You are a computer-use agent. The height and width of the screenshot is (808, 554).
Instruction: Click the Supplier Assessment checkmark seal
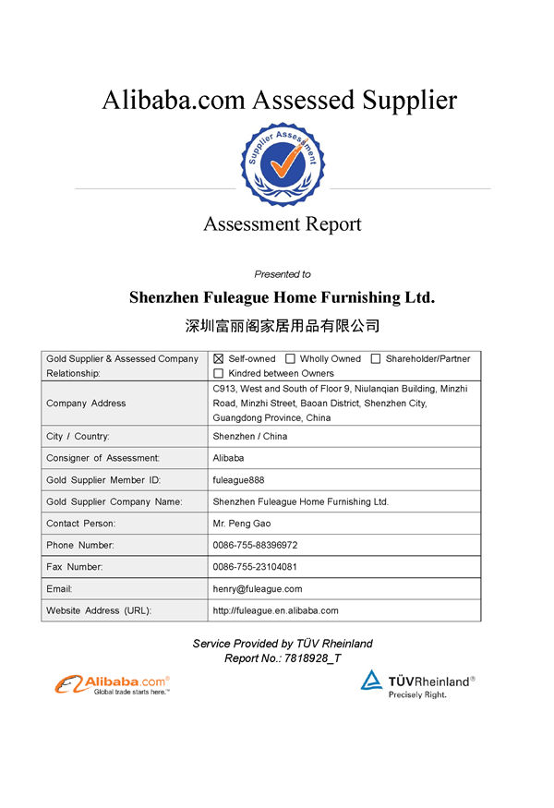pos(283,163)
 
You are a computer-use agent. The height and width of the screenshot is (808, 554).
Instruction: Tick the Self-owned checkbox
pos(219,358)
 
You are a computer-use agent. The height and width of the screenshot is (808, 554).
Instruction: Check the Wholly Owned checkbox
pos(290,358)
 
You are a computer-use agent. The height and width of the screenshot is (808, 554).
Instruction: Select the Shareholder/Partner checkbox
pos(376,358)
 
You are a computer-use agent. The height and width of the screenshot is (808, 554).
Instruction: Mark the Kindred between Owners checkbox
pos(219,373)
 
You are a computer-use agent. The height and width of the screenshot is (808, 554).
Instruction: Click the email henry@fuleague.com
pos(258,588)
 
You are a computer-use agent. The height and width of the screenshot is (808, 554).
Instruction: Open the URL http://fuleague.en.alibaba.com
pos(275,610)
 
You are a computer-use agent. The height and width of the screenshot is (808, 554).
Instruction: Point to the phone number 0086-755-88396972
pos(255,545)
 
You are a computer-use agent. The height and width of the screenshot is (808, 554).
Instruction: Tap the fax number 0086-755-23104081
pos(255,566)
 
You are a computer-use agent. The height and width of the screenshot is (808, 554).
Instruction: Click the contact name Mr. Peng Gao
pos(242,524)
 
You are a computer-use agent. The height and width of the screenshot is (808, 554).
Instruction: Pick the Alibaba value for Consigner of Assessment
pos(228,458)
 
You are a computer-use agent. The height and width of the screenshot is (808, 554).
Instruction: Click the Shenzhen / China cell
pos(249,436)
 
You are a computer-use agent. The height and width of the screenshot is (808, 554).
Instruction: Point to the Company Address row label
pos(86,404)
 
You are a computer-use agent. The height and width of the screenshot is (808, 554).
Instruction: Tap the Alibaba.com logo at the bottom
pos(113,684)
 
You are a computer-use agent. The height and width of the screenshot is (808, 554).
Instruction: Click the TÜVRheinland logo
pos(417,683)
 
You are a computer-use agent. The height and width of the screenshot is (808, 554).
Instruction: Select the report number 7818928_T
pos(311,658)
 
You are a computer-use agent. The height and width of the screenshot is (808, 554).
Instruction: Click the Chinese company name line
pos(283,326)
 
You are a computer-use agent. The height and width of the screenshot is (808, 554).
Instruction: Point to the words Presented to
pos(283,274)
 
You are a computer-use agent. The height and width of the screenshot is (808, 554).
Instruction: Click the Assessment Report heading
pos(283,224)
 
